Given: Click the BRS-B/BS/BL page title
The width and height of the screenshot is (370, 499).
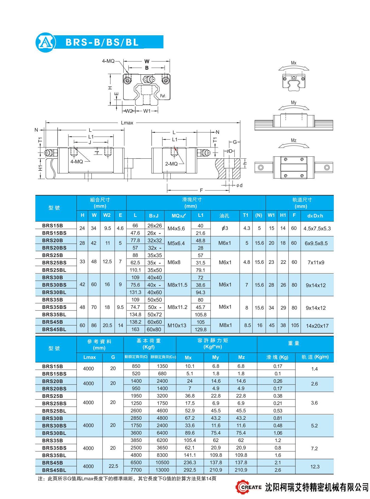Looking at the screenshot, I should click(102, 42).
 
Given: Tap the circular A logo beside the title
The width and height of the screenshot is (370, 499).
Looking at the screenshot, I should click(46, 43).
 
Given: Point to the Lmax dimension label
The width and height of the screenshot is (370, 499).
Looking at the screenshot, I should click(127, 123).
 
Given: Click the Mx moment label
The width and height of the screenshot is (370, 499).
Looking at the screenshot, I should click(294, 63).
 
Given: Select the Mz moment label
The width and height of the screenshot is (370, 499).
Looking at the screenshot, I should click(294, 140).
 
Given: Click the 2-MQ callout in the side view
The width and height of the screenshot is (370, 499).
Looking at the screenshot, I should click(171, 164).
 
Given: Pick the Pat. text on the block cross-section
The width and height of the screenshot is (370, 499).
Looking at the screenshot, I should click(163, 96).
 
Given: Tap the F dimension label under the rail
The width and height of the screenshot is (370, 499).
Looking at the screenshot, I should click(201, 190).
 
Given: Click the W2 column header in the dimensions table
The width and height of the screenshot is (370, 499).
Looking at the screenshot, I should click(107, 215).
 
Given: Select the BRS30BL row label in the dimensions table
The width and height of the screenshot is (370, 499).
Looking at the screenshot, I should click(54, 292).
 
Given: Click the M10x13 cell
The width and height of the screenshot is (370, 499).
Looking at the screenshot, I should click(177, 326).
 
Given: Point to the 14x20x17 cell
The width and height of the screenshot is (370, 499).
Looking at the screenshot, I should click(317, 326).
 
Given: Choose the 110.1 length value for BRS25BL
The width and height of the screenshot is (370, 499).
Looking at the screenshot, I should click(135, 270).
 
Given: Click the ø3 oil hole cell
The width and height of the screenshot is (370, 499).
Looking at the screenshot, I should click(225, 228).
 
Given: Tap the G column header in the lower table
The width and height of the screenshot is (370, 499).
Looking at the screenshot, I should click(113, 357).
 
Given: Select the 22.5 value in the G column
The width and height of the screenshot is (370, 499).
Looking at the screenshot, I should click(113, 466).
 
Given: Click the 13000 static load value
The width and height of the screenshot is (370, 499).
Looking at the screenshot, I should click(162, 470).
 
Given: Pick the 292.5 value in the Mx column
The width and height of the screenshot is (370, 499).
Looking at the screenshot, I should click(190, 470).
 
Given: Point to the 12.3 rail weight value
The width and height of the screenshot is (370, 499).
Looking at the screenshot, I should click(315, 467).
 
